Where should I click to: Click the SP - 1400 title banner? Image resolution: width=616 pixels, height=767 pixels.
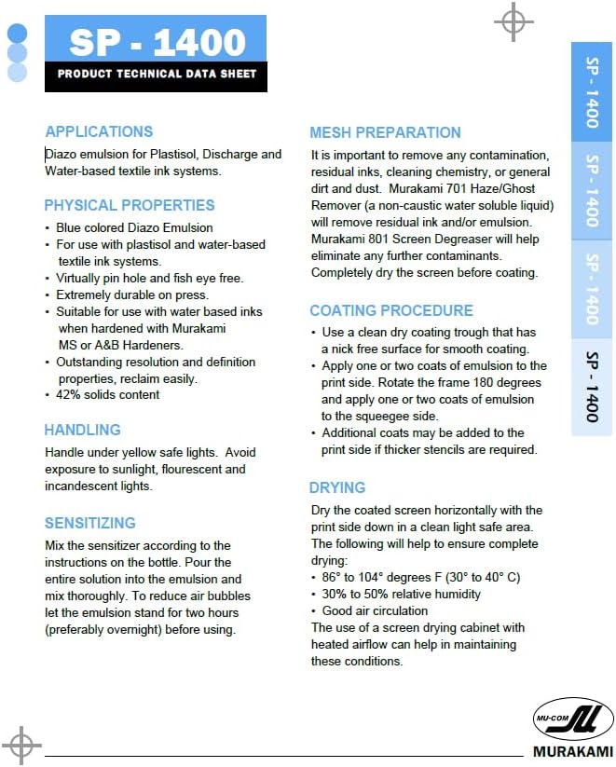(157, 41)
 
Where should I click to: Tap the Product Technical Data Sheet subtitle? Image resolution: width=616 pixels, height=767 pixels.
(157, 75)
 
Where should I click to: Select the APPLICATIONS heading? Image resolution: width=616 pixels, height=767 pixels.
(99, 131)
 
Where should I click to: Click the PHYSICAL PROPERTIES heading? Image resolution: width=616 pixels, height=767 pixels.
(130, 205)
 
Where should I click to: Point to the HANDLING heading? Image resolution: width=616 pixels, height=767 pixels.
(83, 430)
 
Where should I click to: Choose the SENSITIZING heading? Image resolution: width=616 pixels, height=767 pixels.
(90, 523)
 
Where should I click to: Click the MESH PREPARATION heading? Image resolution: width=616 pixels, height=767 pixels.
(385, 132)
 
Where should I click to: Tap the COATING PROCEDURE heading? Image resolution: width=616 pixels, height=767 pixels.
(391, 310)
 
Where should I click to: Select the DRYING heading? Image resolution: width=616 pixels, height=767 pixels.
(337, 487)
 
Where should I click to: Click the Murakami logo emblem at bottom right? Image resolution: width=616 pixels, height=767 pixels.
(572, 718)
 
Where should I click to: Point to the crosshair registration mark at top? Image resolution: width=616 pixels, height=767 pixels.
(513, 21)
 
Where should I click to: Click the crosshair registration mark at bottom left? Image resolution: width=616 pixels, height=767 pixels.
(21, 745)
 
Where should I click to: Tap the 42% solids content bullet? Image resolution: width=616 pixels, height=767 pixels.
(108, 394)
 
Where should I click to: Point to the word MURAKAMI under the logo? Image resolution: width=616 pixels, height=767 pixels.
(572, 750)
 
